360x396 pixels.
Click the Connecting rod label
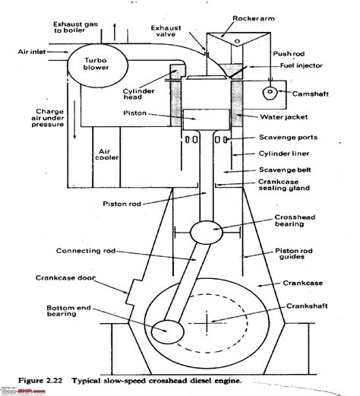pyautogui.click(x=83, y=251)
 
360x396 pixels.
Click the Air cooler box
pyautogui.click(x=105, y=156)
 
